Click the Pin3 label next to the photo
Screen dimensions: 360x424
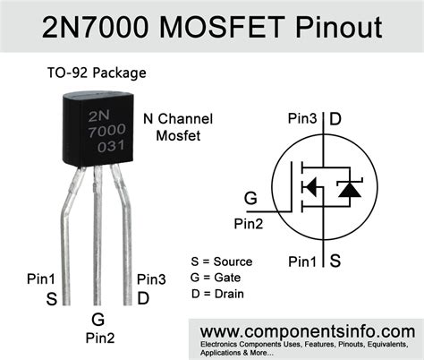150,280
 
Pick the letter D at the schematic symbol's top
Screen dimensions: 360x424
335,118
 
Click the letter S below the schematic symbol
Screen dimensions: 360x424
335,261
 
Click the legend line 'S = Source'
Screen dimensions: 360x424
221,261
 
